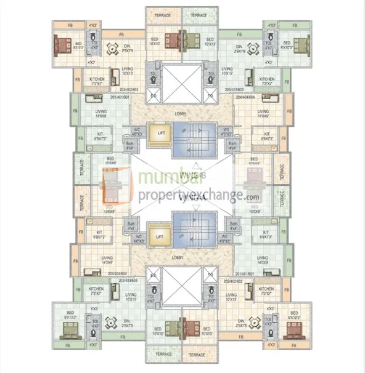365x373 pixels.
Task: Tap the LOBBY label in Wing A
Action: [179, 257]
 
